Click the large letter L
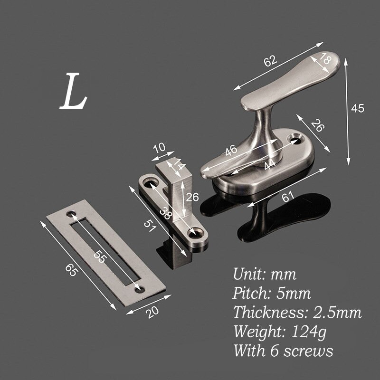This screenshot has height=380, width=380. [73, 92]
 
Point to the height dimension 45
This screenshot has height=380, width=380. [357, 108]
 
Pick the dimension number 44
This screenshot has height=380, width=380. [269, 164]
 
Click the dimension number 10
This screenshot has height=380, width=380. [159, 148]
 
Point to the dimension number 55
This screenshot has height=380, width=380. [99, 257]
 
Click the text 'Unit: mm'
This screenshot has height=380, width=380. [265, 274]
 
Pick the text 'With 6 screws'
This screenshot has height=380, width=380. [283, 351]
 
